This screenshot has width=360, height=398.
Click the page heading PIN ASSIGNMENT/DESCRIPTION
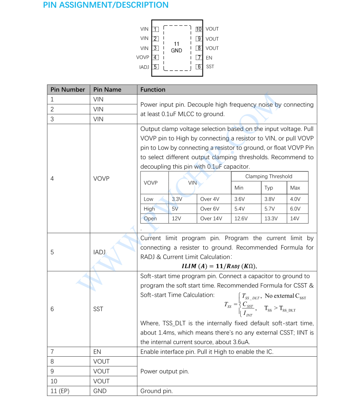coord(106,6)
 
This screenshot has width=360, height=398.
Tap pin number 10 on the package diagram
coord(199,29)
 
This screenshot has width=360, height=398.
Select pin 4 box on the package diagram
coord(155,57)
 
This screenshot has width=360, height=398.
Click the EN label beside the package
coord(209,57)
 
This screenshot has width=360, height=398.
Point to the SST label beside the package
coord(210,67)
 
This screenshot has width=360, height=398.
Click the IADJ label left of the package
coord(144,67)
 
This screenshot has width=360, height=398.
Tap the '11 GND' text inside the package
coord(176,47)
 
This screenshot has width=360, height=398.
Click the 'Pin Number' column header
coord(67,90)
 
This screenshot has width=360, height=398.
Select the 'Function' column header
coord(153,90)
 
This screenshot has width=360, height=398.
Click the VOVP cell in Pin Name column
coord(101,178)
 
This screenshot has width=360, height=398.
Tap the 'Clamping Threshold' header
coord(269,177)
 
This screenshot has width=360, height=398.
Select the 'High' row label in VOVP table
coord(149,209)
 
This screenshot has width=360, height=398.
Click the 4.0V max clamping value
coord(295,199)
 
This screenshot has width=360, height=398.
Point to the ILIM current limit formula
coord(222,266)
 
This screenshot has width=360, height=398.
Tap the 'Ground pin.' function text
coord(156,391)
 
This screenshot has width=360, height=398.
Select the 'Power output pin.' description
coord(165,371)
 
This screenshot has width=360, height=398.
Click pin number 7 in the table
coord(52,351)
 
